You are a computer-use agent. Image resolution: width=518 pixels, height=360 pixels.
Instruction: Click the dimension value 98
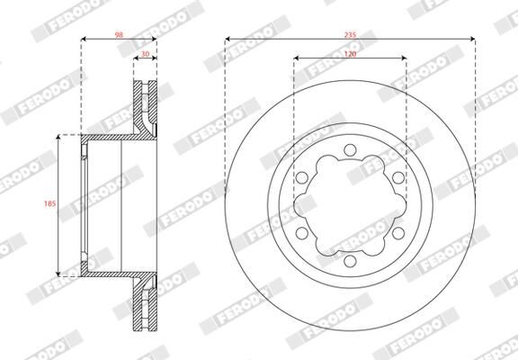pyautogui.click(x=119, y=35)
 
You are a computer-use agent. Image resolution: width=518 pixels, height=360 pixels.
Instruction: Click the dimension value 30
pyautogui.click(x=145, y=54)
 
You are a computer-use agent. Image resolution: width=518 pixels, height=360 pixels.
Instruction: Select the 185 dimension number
pyautogui.click(x=49, y=203)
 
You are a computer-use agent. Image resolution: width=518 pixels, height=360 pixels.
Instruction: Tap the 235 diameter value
pyautogui.click(x=350, y=35)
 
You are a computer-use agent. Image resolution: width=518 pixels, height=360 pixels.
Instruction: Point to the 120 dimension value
pyautogui.click(x=350, y=54)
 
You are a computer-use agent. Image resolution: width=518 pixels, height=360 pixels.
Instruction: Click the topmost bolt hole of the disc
pyautogui.click(x=350, y=149)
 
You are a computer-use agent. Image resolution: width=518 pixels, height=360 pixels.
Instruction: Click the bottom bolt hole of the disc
pyautogui.click(x=350, y=261)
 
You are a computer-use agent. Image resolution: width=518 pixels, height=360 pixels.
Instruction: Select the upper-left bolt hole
pyautogui.click(x=301, y=177)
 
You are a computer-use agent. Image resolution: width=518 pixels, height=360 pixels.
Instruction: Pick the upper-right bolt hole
pyautogui.click(x=398, y=177)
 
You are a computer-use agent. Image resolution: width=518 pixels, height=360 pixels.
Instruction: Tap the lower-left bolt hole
pyautogui.click(x=301, y=233)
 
